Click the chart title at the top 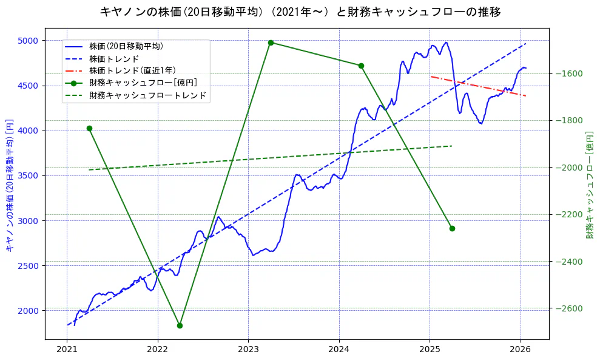tap(300, 12)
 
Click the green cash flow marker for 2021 tap(89, 128)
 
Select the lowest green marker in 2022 tap(180, 325)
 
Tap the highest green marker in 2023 tap(271, 42)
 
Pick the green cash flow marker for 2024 tap(361, 66)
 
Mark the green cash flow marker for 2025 tap(452, 228)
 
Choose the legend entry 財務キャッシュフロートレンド tap(147, 95)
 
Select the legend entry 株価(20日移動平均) tap(126, 46)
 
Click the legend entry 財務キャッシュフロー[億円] tap(143, 83)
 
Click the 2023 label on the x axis tap(248, 350)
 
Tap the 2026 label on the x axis tap(521, 350)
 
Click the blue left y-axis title tap(9, 185)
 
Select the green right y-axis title tap(590, 185)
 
